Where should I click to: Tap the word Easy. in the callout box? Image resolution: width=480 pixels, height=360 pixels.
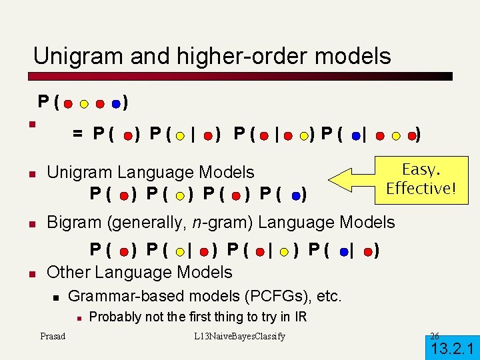point(420,169)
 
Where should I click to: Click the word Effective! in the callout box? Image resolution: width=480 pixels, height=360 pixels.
point(421,188)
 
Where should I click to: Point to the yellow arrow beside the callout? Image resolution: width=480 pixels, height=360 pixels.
point(353,181)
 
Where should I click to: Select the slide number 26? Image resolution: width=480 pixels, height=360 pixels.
point(435,335)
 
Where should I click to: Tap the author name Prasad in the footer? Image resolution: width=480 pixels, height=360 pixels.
point(53,336)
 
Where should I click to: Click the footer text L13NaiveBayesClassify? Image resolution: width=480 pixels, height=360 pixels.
point(239,336)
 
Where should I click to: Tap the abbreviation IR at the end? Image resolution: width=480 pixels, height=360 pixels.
point(299,317)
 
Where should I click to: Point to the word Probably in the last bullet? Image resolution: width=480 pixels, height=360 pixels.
point(113,317)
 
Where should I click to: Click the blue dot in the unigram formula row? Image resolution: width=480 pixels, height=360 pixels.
point(296,196)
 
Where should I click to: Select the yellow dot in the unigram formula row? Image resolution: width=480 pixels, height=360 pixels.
point(181,196)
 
